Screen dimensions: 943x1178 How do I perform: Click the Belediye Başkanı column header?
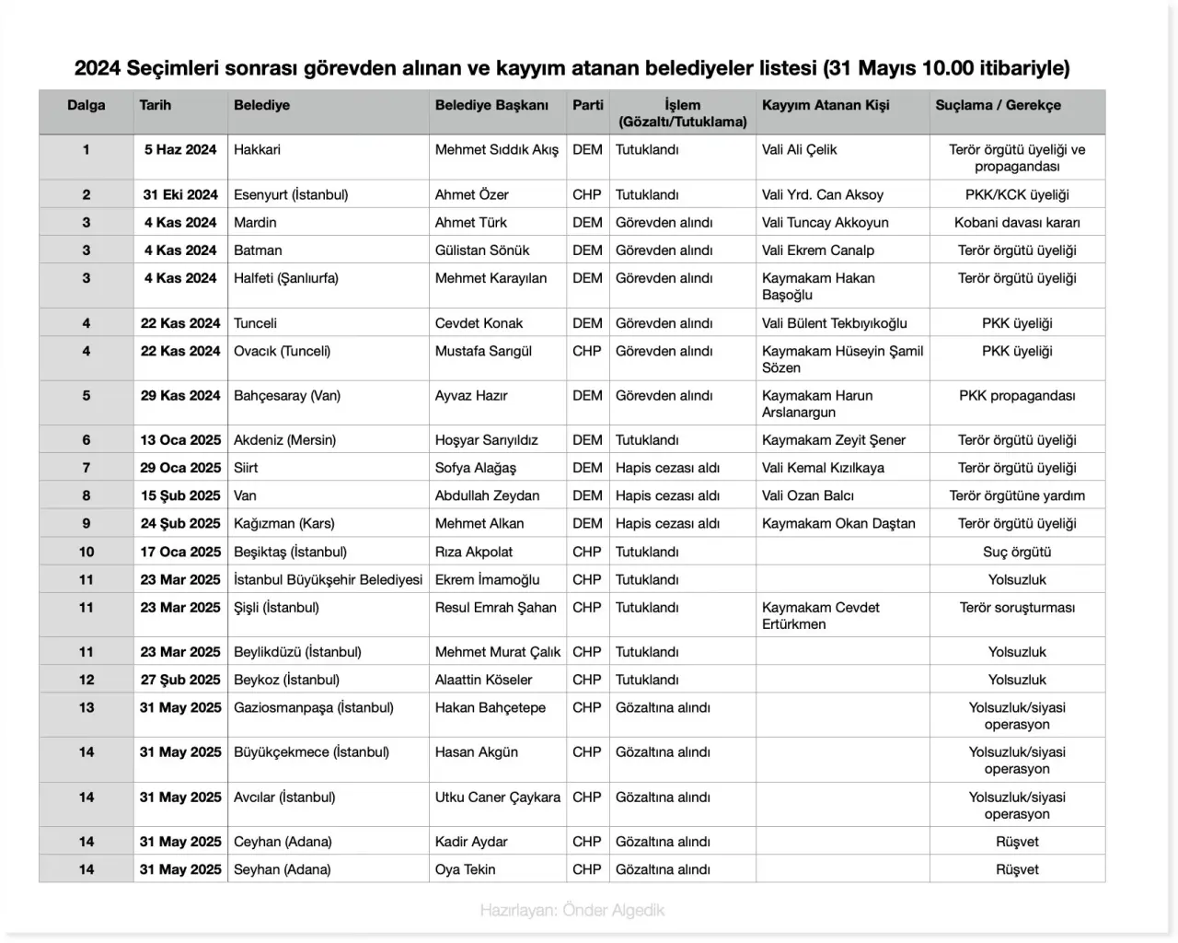click(x=491, y=105)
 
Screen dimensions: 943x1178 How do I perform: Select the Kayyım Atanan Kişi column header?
click(x=826, y=105)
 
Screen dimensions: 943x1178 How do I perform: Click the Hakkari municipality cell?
click(x=257, y=149)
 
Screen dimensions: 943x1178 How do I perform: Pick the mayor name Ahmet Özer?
click(x=471, y=194)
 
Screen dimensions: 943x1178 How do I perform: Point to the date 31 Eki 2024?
click(x=180, y=194)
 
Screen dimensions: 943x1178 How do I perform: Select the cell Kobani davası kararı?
click(x=1017, y=222)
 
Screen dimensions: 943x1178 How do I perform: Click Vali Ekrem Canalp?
click(x=818, y=250)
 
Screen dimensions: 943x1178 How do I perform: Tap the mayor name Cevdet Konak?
click(x=479, y=323)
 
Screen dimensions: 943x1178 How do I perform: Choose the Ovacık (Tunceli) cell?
click(x=282, y=351)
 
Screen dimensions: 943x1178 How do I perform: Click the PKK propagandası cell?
click(x=1017, y=395)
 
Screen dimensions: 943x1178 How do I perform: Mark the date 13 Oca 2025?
click(x=180, y=440)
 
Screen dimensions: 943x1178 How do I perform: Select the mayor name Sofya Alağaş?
click(x=476, y=468)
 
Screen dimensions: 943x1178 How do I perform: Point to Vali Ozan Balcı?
click(x=808, y=495)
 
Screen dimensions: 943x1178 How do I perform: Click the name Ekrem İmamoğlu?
click(x=487, y=579)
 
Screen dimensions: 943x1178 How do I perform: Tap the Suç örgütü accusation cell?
click(x=1017, y=552)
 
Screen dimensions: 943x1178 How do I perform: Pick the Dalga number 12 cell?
click(x=87, y=680)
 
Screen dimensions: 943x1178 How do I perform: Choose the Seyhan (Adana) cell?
click(x=282, y=869)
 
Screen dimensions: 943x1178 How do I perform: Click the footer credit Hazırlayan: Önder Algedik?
click(x=572, y=910)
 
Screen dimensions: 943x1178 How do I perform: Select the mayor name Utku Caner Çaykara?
click(x=497, y=797)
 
